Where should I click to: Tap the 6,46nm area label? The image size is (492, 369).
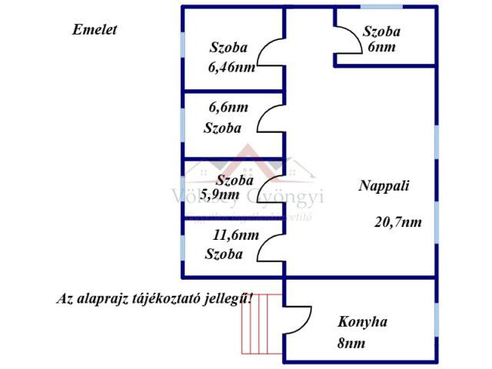click(231, 66)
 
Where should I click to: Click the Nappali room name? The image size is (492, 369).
click(384, 185)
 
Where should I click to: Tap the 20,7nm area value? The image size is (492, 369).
click(397, 222)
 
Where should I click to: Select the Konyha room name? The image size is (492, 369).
click(362, 321)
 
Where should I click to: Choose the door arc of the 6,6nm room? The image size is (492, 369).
click(271, 120)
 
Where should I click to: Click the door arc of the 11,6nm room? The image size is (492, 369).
click(271, 246)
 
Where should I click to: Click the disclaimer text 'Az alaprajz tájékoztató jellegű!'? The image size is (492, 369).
click(155, 298)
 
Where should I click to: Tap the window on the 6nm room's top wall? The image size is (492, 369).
click(381, 7)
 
